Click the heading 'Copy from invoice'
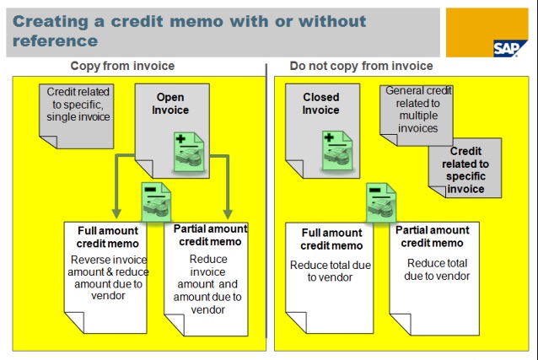pyautogui.click(x=122, y=66)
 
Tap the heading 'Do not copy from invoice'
pyautogui.click(x=361, y=66)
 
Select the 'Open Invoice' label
pyautogui.click(x=170, y=104)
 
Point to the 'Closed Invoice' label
pyautogui.click(x=320, y=104)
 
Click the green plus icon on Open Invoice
pyautogui.click(x=189, y=152)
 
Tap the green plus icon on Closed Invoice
pyautogui.click(x=337, y=150)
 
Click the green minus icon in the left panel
pyautogui.click(x=157, y=201)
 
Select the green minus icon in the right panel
pyautogui.click(x=381, y=202)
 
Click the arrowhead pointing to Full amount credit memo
pyautogui.click(x=116, y=214)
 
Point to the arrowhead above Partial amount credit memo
pyautogui.click(x=228, y=214)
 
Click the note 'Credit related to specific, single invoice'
pyautogui.click(x=78, y=105)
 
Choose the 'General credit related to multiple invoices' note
pyautogui.click(x=418, y=110)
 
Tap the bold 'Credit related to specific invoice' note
pyautogui.click(x=465, y=169)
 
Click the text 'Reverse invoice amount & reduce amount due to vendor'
pyautogui.click(x=108, y=277)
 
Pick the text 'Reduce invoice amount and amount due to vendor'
pyautogui.click(x=207, y=284)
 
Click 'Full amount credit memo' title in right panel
pyautogui.click(x=331, y=239)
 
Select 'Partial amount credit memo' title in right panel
pyautogui.click(x=433, y=236)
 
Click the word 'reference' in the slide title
pyautogui.click(x=56, y=40)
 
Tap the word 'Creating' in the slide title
pyautogui.click(x=51, y=22)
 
